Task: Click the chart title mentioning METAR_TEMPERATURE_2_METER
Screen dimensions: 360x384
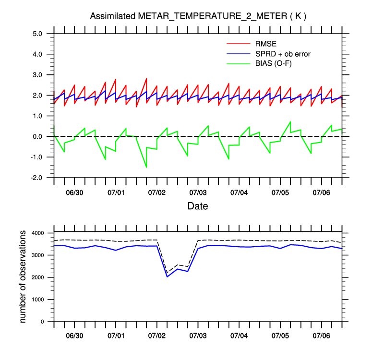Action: [198, 16]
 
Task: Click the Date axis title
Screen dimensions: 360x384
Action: [198, 206]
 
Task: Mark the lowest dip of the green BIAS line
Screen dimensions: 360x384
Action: [146, 167]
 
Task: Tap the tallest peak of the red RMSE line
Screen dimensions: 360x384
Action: [146, 78]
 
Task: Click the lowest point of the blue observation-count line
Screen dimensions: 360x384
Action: [167, 276]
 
